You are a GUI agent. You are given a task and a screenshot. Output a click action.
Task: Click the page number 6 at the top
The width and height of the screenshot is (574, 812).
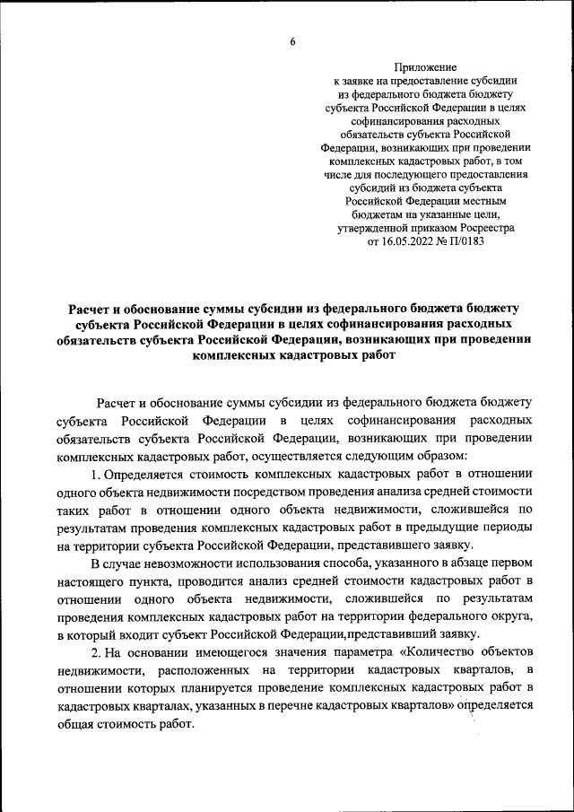tap(292, 39)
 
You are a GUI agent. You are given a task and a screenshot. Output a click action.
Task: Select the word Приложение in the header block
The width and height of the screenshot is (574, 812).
tap(426, 67)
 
